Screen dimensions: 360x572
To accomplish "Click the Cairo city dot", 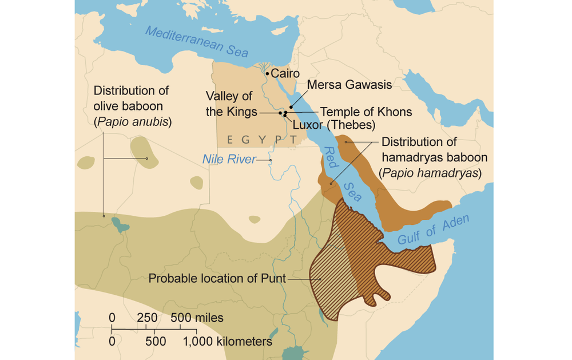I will [267, 74].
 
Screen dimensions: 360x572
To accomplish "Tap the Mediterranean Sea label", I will [197, 42].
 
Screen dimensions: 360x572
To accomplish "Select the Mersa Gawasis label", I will [349, 85].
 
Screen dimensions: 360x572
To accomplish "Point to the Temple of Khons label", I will [366, 112].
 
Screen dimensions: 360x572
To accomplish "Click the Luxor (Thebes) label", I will [333, 125].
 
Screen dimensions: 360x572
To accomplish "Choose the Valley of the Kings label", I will [231, 104].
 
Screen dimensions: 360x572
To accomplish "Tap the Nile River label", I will [229, 160].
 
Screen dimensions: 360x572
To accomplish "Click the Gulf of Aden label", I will [433, 230].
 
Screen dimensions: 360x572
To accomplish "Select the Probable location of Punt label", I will [217, 279].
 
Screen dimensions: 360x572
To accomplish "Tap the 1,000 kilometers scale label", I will [227, 342].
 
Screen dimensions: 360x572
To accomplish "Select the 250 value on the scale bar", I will [147, 318].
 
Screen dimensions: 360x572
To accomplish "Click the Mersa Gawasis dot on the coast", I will [291, 107].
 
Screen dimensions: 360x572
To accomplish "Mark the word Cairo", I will [285, 73].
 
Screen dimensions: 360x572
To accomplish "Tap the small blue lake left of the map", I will [120, 224].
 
